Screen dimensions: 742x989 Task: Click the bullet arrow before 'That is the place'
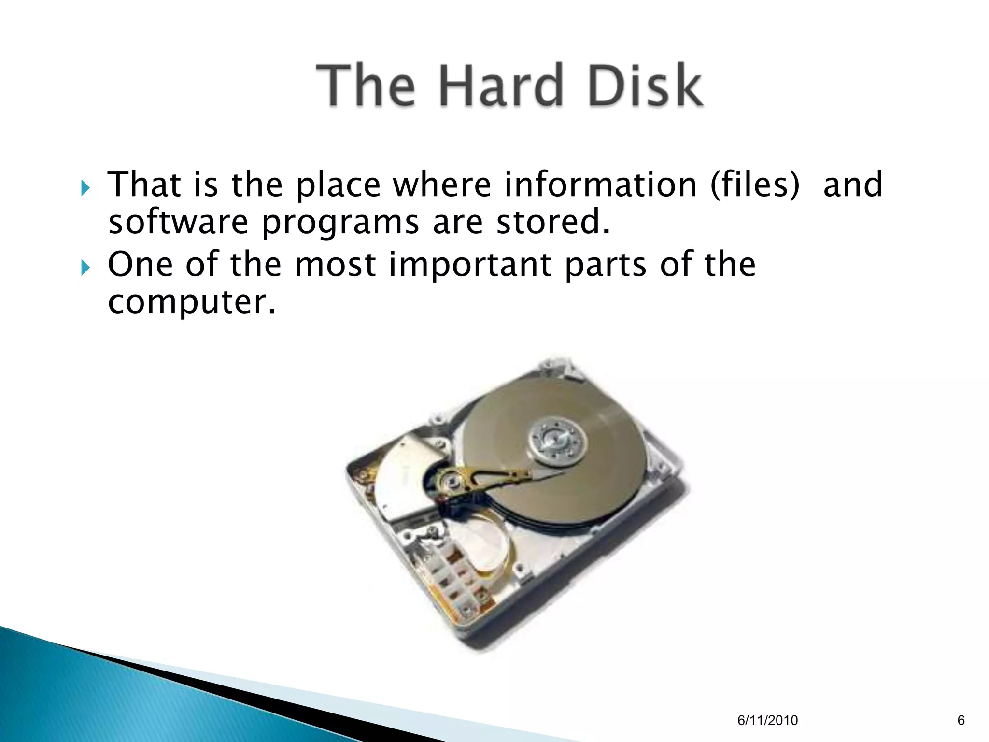pos(85,187)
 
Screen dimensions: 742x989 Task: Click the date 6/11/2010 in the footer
pos(767,721)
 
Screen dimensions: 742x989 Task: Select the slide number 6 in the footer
pos(961,720)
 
